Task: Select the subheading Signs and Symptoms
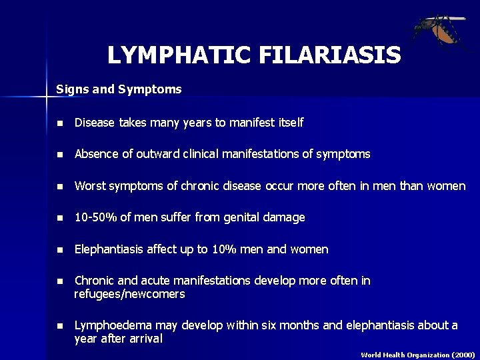click(x=119, y=88)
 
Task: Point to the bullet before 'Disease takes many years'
click(x=60, y=123)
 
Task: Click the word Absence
click(x=95, y=154)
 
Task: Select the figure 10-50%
click(x=96, y=217)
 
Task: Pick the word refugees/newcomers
click(x=129, y=294)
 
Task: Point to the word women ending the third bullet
click(x=445, y=186)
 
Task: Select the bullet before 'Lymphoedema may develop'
click(x=60, y=326)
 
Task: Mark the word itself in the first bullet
click(x=290, y=123)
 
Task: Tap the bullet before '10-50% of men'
click(x=60, y=218)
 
